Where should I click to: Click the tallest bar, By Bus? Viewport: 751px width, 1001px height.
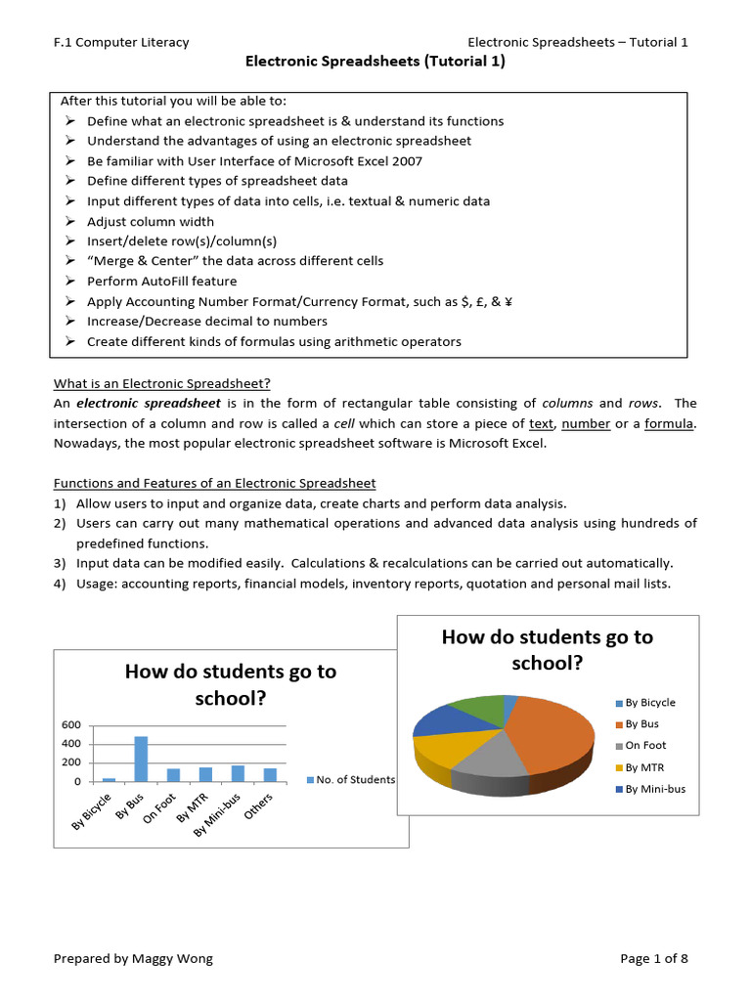coord(141,760)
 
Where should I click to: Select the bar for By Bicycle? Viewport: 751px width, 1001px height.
coord(109,779)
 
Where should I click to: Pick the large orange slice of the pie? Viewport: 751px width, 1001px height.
coord(552,733)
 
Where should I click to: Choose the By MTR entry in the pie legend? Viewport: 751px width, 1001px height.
coord(645,767)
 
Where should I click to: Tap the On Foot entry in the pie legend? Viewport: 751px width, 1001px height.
coord(645,745)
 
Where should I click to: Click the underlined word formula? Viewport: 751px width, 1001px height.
coord(670,423)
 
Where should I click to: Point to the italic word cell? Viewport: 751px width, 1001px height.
coord(343,423)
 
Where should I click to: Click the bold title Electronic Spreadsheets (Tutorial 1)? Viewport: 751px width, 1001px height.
coord(375,62)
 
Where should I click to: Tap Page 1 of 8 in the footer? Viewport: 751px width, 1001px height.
coord(654,959)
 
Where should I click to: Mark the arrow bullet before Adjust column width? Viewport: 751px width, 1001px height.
coord(70,221)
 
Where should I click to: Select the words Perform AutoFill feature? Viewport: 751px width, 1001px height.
coord(161,282)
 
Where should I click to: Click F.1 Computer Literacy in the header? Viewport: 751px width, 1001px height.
coord(121,42)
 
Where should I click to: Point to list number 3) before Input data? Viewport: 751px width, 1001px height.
coord(60,563)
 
